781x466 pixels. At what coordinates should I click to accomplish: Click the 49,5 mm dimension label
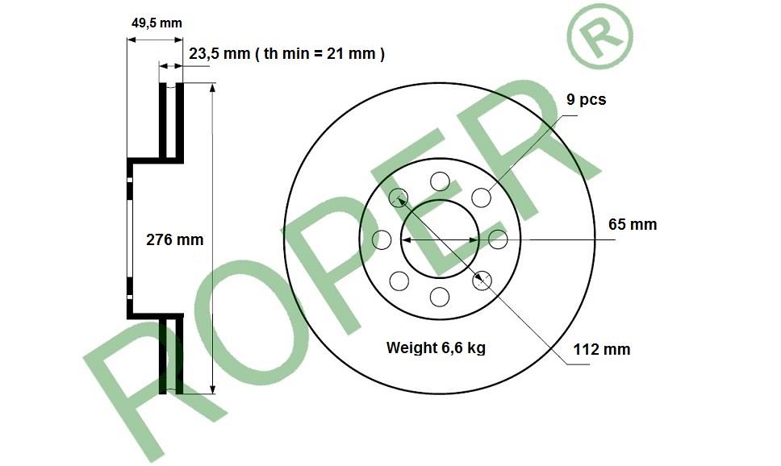pos(157,23)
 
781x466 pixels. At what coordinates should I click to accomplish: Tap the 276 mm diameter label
pos(175,240)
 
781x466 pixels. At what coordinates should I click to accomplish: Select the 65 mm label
pos(633,225)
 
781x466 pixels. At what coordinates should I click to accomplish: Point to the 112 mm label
pos(602,350)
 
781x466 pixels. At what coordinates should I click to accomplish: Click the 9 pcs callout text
pos(587,100)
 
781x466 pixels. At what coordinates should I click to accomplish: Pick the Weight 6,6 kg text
pos(436,347)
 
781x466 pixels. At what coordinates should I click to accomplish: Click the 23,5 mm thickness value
pos(219,54)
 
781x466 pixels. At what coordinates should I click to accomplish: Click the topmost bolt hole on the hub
pos(440,181)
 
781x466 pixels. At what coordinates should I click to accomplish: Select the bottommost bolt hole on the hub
pos(440,297)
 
